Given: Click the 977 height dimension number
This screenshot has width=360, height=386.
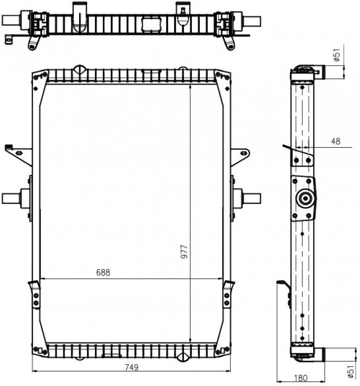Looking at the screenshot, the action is (x=184, y=252).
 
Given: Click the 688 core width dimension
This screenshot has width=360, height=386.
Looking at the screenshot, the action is (x=103, y=273).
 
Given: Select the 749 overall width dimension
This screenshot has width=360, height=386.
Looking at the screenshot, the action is (x=132, y=367).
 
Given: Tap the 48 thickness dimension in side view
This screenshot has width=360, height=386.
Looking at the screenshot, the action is (x=336, y=141).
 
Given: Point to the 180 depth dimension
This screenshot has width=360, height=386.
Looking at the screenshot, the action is (x=301, y=378).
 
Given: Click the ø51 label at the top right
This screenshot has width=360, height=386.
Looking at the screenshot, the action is (x=336, y=55).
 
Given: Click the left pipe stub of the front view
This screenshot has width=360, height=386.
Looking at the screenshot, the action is (x=11, y=198).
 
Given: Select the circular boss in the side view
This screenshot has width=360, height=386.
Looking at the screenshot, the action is (x=306, y=198).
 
